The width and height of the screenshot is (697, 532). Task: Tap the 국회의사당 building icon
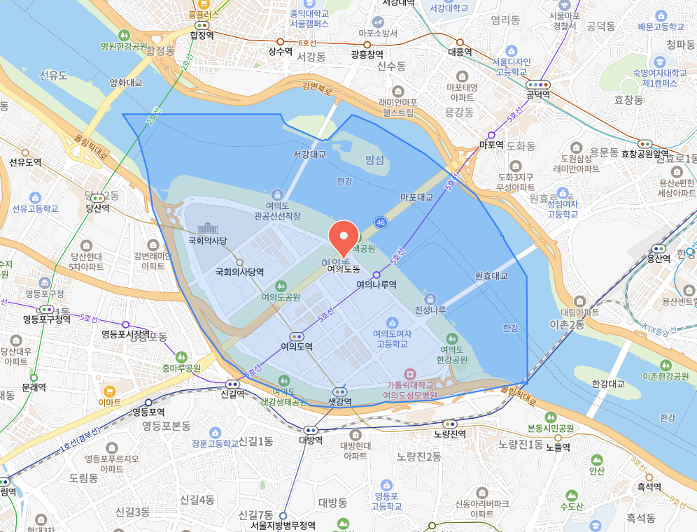tap(208, 229)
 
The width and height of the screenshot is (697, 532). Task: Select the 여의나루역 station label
tap(376, 285)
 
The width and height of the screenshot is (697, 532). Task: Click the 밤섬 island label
tap(375, 161)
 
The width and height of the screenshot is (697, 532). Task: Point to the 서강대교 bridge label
tap(309, 154)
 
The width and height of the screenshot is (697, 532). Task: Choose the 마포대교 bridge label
tap(416, 197)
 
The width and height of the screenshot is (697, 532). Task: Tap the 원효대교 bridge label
tap(491, 275)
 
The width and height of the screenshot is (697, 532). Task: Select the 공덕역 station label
tap(538, 94)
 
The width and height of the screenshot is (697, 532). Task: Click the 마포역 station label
tap(491, 145)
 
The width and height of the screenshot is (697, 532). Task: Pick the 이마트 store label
tap(110, 403)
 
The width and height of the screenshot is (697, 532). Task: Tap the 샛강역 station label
tap(340, 401)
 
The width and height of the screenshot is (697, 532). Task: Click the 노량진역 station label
tap(450, 433)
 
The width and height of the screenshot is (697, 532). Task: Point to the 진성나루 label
tap(430, 310)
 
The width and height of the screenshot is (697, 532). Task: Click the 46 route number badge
tap(381, 222)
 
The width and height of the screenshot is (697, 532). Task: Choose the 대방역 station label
tap(311, 440)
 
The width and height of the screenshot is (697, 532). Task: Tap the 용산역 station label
tap(659, 258)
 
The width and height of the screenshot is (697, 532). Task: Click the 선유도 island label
tap(53, 75)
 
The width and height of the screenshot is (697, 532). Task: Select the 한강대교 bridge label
tap(607, 384)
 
